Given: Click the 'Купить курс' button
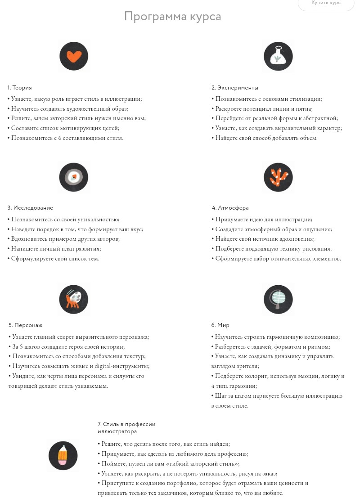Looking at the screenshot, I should (x=326, y=4).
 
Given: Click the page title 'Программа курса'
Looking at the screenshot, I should (x=172, y=17).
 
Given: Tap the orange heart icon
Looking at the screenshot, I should (x=73, y=56).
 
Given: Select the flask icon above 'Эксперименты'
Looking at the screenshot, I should (x=278, y=56).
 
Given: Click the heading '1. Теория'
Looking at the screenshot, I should (x=19, y=88).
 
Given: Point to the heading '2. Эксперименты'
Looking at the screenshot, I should (x=234, y=88).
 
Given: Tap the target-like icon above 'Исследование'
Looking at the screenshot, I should (x=73, y=177).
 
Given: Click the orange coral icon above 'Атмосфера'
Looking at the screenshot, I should (x=278, y=177).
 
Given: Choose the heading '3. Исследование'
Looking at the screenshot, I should (x=30, y=208).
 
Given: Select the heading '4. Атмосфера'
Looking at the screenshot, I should (x=230, y=208).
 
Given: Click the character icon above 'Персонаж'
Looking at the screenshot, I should (x=73, y=299).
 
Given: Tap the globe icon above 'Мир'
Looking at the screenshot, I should (x=278, y=299).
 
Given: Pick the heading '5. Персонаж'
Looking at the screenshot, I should (x=25, y=325).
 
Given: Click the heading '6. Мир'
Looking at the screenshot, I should (x=220, y=325).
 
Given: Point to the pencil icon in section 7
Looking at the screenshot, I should (x=63, y=456).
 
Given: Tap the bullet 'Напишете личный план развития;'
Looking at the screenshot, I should (x=54, y=249).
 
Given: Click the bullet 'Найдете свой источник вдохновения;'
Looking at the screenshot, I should (x=263, y=239).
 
